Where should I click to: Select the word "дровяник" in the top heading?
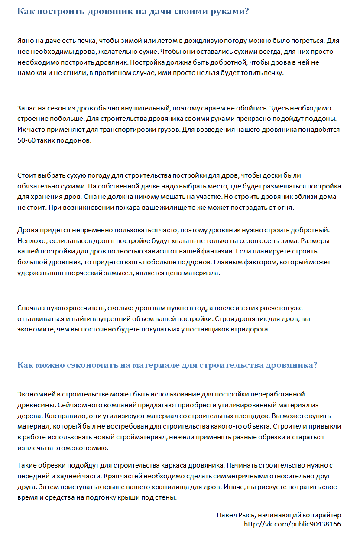coord(107,12)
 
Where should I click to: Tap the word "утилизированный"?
coord(253,405)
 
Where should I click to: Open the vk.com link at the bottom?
coord(292,524)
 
